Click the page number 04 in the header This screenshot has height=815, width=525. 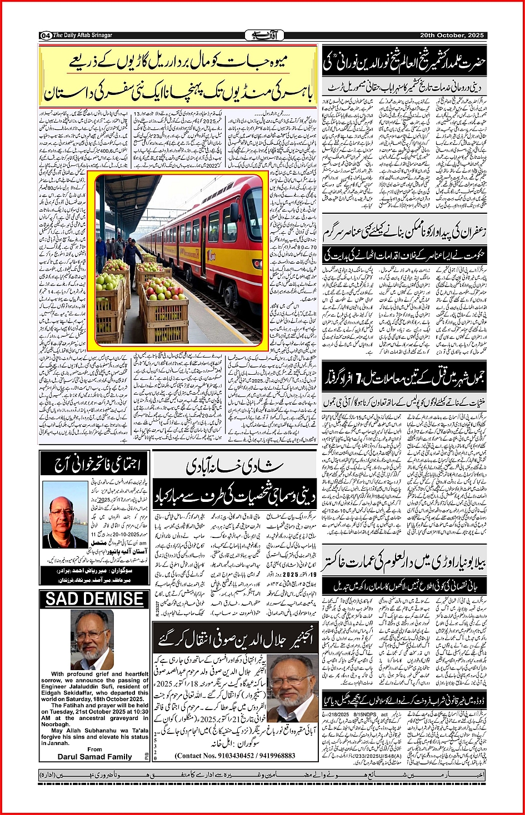[46, 36]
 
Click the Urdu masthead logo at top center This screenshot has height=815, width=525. [264, 36]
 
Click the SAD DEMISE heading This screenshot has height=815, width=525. [94, 599]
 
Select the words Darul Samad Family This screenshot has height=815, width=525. [95, 756]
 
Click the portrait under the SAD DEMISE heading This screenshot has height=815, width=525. [93, 640]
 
